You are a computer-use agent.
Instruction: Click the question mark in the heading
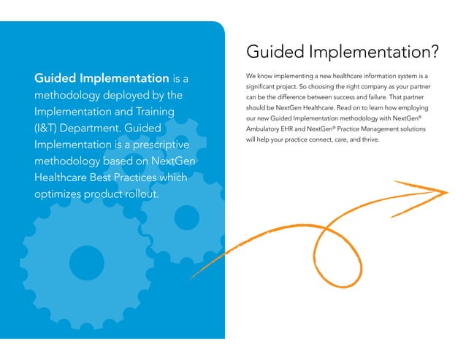[433, 53]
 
